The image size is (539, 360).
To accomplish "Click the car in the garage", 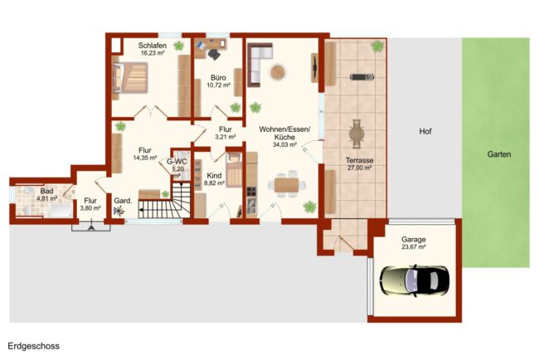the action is (x=415, y=280).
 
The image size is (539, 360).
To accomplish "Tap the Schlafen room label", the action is (x=153, y=46).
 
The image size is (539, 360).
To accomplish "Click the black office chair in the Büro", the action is (x=214, y=54).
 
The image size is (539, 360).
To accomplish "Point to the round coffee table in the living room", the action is (x=278, y=72).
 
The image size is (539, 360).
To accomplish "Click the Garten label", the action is (x=498, y=154).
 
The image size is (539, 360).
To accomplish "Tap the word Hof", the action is (x=425, y=131).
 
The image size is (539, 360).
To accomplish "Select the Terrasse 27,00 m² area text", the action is (x=360, y=164).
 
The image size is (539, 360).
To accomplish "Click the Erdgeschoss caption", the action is (x=34, y=346).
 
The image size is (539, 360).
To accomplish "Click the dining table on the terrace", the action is (x=356, y=134).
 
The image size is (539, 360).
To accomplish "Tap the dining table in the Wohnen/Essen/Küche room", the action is (x=286, y=185).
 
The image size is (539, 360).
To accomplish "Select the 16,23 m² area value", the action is (x=153, y=53).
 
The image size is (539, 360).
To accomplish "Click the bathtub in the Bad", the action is (x=61, y=211).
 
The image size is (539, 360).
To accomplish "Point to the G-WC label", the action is (x=177, y=162).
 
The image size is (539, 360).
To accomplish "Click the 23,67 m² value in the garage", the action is (x=414, y=247).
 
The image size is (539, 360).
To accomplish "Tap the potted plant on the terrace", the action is (x=377, y=46).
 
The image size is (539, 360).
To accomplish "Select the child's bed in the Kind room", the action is (x=234, y=170).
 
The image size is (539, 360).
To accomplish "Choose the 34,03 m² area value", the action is (x=284, y=145).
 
